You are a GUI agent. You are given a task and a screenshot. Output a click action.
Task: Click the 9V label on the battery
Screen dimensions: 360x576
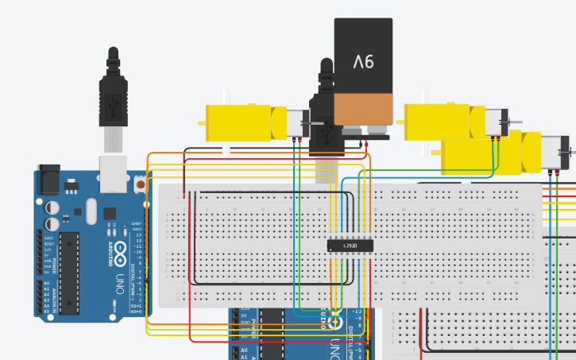point(363,61)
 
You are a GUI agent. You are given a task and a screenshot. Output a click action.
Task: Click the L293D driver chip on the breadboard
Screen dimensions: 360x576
point(350,246)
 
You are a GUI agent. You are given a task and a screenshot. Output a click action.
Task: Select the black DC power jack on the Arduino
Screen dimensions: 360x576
point(48,179)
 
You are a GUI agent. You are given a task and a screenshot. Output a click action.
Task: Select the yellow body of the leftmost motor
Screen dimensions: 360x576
point(238,123)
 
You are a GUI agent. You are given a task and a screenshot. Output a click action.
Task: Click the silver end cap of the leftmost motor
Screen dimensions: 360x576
point(297,123)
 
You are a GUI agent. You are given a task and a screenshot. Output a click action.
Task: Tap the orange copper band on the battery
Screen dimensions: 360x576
point(363,109)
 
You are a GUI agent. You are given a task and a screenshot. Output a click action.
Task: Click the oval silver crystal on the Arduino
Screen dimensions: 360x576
point(91,211)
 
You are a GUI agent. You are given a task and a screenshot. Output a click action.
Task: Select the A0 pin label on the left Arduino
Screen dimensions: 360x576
point(45,283)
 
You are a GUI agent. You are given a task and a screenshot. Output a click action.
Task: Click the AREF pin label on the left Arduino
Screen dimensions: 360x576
point(136,224)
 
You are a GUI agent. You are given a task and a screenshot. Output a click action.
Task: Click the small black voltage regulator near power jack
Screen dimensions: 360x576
point(72,187)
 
